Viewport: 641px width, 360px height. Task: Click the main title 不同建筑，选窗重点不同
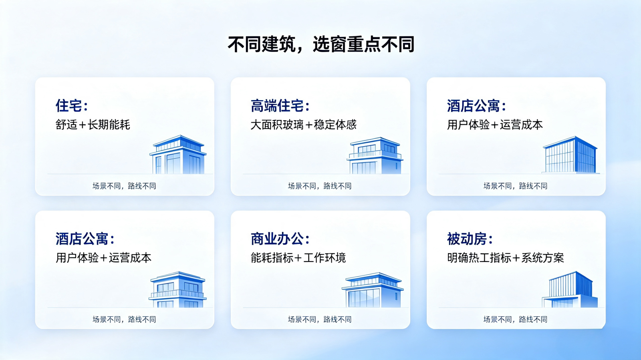(321, 44)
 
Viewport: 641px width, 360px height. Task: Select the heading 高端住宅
(280, 106)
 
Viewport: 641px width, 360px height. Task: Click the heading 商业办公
(280, 239)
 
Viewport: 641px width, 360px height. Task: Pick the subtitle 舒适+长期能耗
(93, 125)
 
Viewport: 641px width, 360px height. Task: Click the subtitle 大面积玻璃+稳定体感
(304, 125)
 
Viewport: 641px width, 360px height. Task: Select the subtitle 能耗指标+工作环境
(298, 258)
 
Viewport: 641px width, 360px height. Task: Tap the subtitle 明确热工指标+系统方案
(505, 258)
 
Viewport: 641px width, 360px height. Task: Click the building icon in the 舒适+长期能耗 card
(178, 155)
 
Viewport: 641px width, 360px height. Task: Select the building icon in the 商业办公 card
(373, 290)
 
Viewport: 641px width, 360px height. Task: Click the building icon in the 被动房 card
(570, 290)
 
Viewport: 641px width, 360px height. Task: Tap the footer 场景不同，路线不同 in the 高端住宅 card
(320, 186)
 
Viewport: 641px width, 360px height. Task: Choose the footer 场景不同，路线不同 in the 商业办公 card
(320, 320)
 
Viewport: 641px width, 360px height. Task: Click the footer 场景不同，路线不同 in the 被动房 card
(515, 320)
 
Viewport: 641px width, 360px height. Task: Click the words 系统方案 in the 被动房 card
(542, 258)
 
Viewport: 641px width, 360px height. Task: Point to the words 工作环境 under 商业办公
(325, 258)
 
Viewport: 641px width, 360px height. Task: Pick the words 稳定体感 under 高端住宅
(335, 125)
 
